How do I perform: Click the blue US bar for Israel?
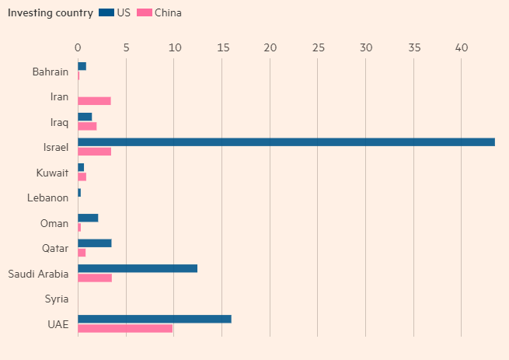pyautogui.click(x=286, y=142)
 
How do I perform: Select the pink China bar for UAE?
pyautogui.click(x=125, y=328)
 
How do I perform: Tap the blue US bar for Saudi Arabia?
pyautogui.click(x=138, y=268)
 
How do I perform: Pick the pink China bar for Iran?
pyautogui.click(x=94, y=101)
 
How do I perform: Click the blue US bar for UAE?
pyautogui.click(x=155, y=319)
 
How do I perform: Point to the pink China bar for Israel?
pyautogui.click(x=94, y=152)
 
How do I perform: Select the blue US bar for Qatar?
pyautogui.click(x=94, y=243)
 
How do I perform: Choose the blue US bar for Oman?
pyautogui.click(x=88, y=218)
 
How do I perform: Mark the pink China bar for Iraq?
pyautogui.click(x=87, y=126)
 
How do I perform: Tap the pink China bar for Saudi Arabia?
pyautogui.click(x=95, y=278)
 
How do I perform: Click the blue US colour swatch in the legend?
pyautogui.click(x=106, y=13)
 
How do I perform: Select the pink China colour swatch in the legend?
pyautogui.click(x=144, y=13)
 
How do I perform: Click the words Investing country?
pyautogui.click(x=51, y=13)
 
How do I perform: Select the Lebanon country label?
pyautogui.click(x=48, y=198)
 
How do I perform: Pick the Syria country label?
pyautogui.click(x=57, y=299)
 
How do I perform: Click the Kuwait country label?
pyautogui.click(x=53, y=173)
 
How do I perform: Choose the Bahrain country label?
pyautogui.click(x=51, y=72)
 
